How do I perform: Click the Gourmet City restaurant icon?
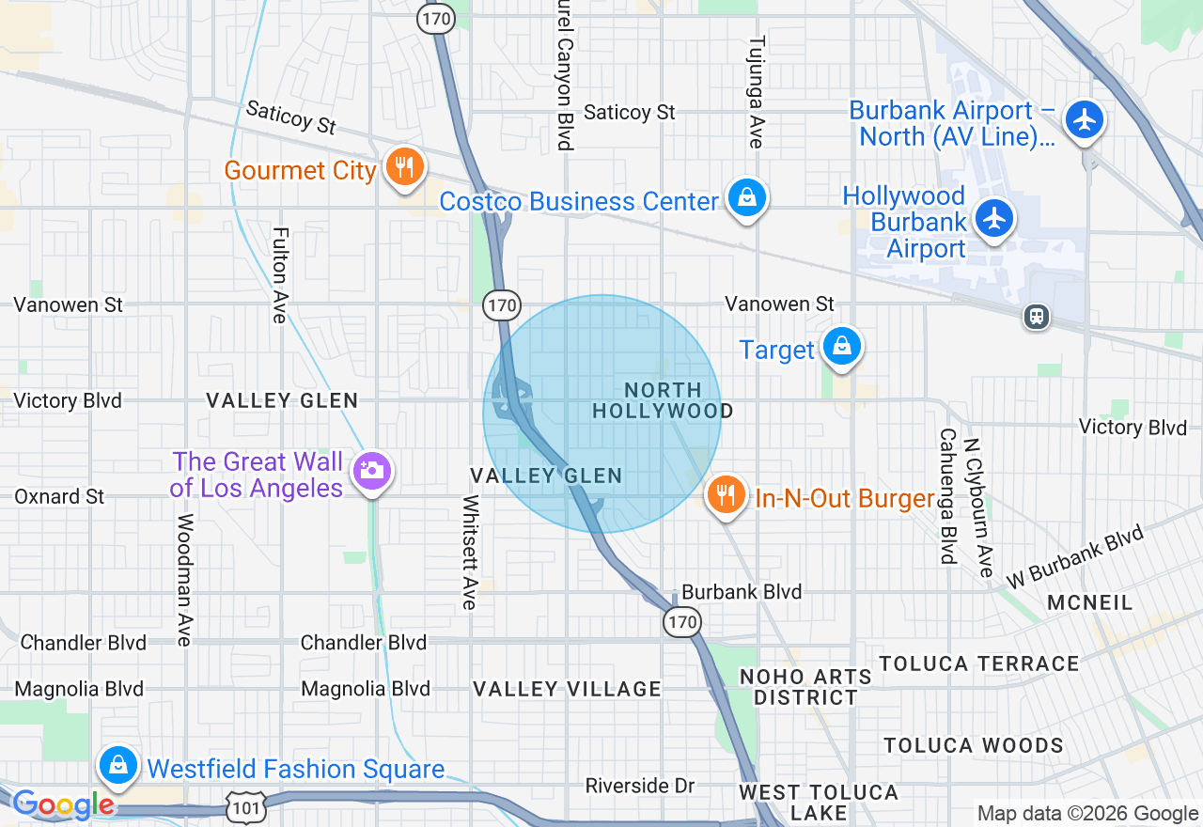tap(404, 169)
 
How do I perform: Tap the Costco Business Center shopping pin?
tap(745, 199)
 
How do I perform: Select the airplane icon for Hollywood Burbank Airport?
tap(993, 219)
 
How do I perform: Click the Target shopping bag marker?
tap(842, 347)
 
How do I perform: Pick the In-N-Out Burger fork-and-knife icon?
tap(726, 494)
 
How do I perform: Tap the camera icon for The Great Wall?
tap(371, 472)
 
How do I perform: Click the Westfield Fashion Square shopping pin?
tap(119, 766)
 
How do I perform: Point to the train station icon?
tap(1037, 317)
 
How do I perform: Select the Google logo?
tap(63, 805)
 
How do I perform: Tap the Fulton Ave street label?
tap(279, 274)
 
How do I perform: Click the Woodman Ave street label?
tap(184, 580)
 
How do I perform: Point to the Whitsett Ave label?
tap(469, 552)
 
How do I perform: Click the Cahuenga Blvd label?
tap(947, 496)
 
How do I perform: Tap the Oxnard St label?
tap(59, 496)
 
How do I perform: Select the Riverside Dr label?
tap(639, 785)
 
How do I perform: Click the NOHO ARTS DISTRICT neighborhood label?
tap(805, 687)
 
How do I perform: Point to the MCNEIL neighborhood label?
tap(1090, 602)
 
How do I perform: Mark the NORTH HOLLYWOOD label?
tap(664, 400)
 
